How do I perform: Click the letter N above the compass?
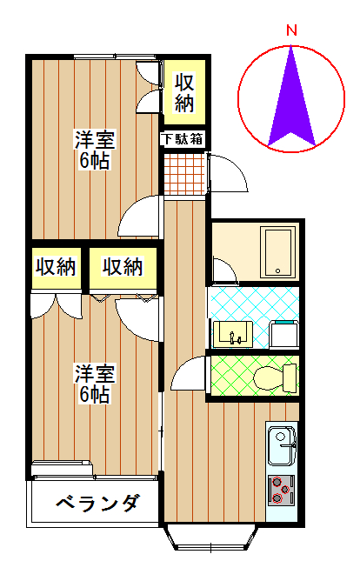pos(292,30)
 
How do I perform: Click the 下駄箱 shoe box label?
pos(183,139)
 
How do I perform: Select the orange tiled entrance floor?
pos(184,174)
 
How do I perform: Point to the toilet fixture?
pos(276,378)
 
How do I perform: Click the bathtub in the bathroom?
pos(277,252)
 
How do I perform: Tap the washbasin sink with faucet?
pos(233,334)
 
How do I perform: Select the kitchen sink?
pos(282,445)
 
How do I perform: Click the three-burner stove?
pos(281,490)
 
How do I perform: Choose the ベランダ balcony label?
pos(98,503)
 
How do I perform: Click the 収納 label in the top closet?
pos(184,93)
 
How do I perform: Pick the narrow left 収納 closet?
pos(56,268)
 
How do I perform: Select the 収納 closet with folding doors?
pos(123,268)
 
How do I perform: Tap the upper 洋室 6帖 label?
pos(95,150)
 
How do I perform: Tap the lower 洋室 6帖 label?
pos(95,384)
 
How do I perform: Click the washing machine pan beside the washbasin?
pos(284,335)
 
